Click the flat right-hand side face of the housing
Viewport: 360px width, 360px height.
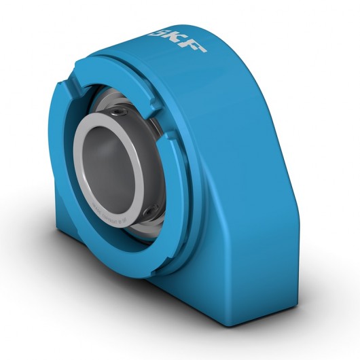tap(265, 204)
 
